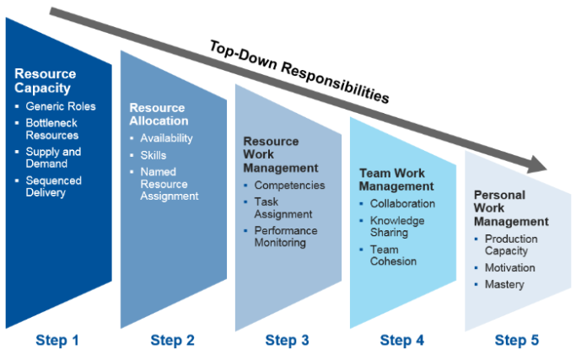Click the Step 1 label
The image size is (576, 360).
click(57, 341)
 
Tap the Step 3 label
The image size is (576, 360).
click(287, 341)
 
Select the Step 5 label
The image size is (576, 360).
click(517, 341)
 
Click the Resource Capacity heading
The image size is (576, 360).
click(45, 81)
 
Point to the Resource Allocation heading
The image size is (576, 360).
click(158, 115)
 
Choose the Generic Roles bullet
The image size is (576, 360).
click(61, 107)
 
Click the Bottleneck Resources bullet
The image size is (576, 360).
click(52, 129)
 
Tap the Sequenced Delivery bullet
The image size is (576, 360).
click(54, 186)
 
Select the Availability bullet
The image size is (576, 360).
click(166, 138)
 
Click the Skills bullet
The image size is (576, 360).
click(153, 156)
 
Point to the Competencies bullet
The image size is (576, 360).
click(289, 185)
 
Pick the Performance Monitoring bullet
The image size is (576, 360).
click(286, 236)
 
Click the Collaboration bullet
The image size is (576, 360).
click(402, 203)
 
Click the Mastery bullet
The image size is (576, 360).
click(504, 285)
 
